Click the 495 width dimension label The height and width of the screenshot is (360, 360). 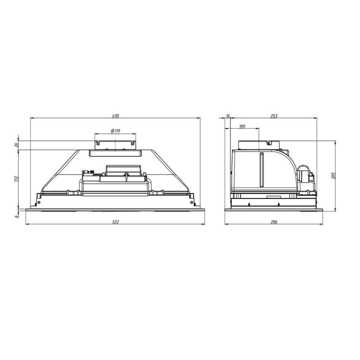pos(115,115)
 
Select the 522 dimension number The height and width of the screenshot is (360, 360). pos(115,222)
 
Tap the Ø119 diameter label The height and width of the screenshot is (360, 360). pos(115,131)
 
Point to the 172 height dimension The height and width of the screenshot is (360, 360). pos(16,179)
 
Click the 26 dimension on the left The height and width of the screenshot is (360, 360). pos(16,145)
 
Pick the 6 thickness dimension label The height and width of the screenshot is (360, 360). pos(16,216)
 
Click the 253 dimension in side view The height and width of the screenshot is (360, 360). pos(274,115)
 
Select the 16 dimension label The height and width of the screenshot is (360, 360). pos(228,115)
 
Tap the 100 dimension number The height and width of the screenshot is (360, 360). pos(242,126)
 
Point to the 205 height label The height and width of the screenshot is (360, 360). pos(333,175)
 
